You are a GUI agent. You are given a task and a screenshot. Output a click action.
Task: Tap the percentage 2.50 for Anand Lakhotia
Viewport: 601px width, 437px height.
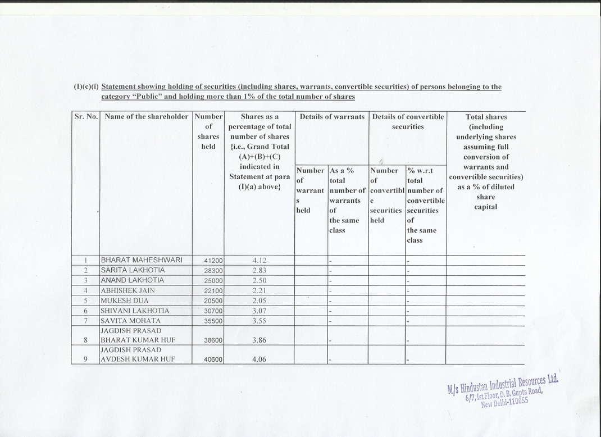[259, 280]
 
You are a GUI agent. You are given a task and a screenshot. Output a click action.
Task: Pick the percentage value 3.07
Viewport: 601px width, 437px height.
[259, 311]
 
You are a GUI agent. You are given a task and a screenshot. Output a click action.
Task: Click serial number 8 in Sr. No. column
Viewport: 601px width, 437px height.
[85, 340]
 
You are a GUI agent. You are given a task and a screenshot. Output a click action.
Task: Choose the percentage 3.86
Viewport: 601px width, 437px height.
[259, 340]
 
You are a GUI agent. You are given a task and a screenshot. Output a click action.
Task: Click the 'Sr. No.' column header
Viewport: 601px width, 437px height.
[86, 117]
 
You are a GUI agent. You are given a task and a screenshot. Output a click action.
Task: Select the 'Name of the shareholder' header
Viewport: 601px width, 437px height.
[146, 117]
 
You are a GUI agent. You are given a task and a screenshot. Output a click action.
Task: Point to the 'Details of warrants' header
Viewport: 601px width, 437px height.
[332, 117]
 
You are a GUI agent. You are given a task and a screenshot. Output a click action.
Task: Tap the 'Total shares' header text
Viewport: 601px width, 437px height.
[486, 117]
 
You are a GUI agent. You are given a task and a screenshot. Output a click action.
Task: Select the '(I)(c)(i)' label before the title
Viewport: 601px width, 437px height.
[86, 87]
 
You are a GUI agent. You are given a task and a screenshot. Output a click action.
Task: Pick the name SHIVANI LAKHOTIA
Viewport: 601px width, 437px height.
[134, 311]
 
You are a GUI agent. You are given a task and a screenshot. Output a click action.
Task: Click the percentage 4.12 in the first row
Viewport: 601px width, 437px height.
[259, 261]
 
